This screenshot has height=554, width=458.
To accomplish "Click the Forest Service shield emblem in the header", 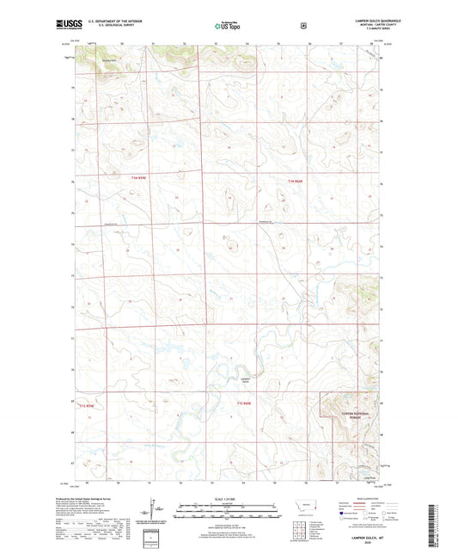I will (x=302, y=26).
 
